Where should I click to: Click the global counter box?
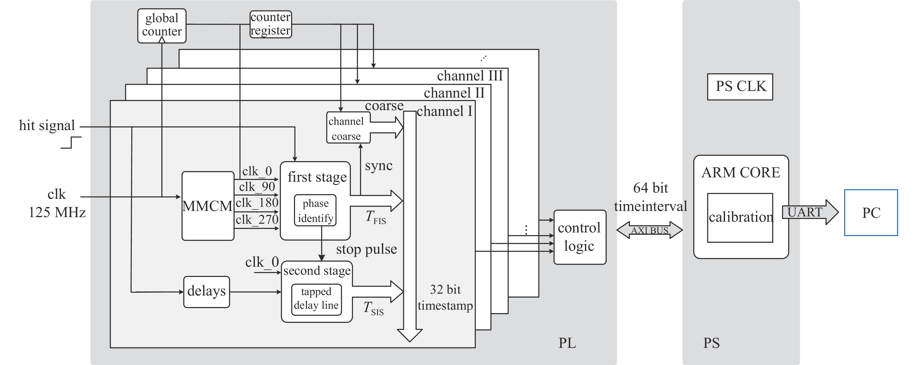[x=162, y=26]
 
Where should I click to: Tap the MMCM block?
[x=208, y=206]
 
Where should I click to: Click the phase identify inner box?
[x=315, y=210]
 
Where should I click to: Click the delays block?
[x=206, y=292]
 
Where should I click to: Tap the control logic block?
[x=580, y=237]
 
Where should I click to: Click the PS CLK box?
[x=740, y=87]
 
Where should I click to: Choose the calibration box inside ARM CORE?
[x=740, y=217]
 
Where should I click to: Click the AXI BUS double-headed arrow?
[x=649, y=230]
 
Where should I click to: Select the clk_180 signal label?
[x=257, y=203]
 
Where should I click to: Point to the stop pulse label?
[x=366, y=249]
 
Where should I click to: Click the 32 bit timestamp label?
[x=445, y=297]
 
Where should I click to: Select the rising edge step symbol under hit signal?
[x=71, y=143]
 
